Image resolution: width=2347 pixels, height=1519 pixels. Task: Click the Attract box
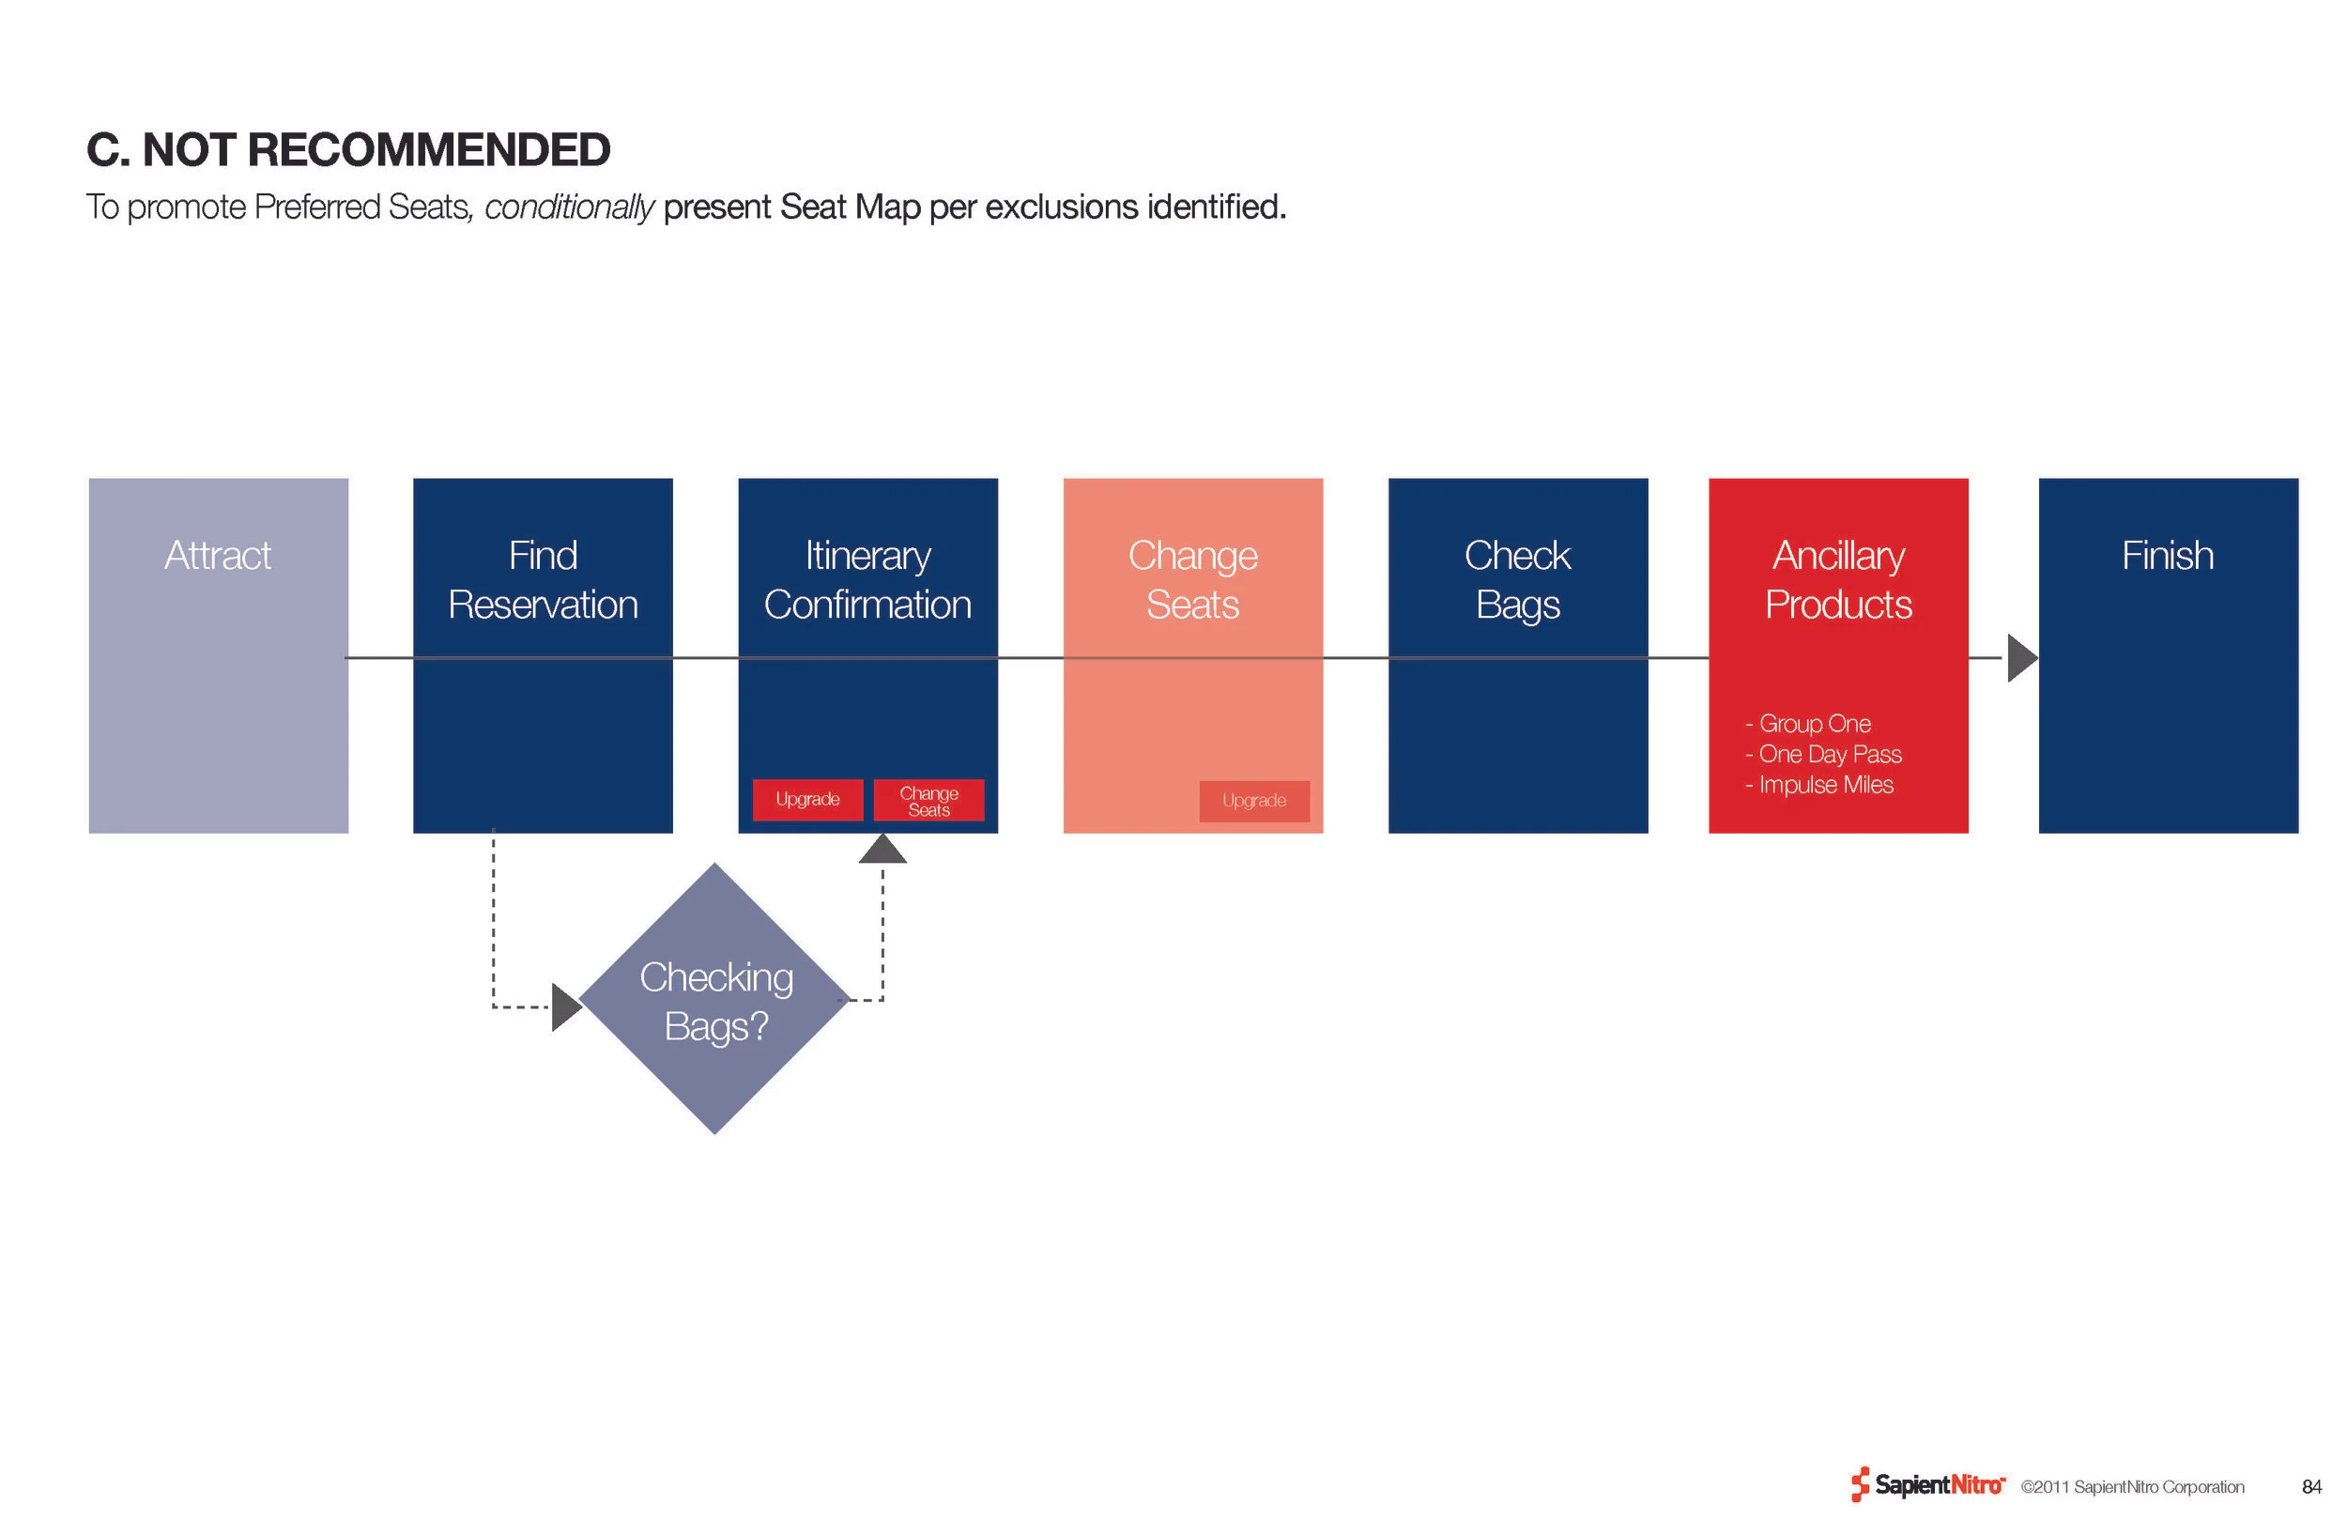218,655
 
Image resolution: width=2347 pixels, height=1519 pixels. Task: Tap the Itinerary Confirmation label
867,580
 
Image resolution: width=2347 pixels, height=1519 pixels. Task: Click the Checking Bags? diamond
715,999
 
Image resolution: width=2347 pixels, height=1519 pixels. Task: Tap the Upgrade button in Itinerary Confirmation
807,799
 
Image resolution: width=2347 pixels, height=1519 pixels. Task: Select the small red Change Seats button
928,800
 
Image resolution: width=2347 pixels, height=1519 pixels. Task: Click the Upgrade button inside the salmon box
1253,800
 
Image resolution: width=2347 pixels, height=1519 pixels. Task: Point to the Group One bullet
1813,724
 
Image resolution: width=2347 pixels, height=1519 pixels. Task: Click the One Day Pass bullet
1827,755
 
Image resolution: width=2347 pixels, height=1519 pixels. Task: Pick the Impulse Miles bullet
1823,785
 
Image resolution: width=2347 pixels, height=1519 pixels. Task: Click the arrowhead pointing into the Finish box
2020,658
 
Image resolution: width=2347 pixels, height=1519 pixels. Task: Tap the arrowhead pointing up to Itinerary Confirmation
882,850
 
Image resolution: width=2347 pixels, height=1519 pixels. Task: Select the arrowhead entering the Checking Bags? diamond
566,1007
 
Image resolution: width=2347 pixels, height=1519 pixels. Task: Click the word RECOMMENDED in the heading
427,150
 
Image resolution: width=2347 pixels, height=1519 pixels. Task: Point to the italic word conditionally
569,207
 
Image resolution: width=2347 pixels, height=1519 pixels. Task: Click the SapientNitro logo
1928,1485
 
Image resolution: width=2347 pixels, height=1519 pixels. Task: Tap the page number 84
2311,1486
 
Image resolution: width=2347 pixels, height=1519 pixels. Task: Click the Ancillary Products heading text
1838,580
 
